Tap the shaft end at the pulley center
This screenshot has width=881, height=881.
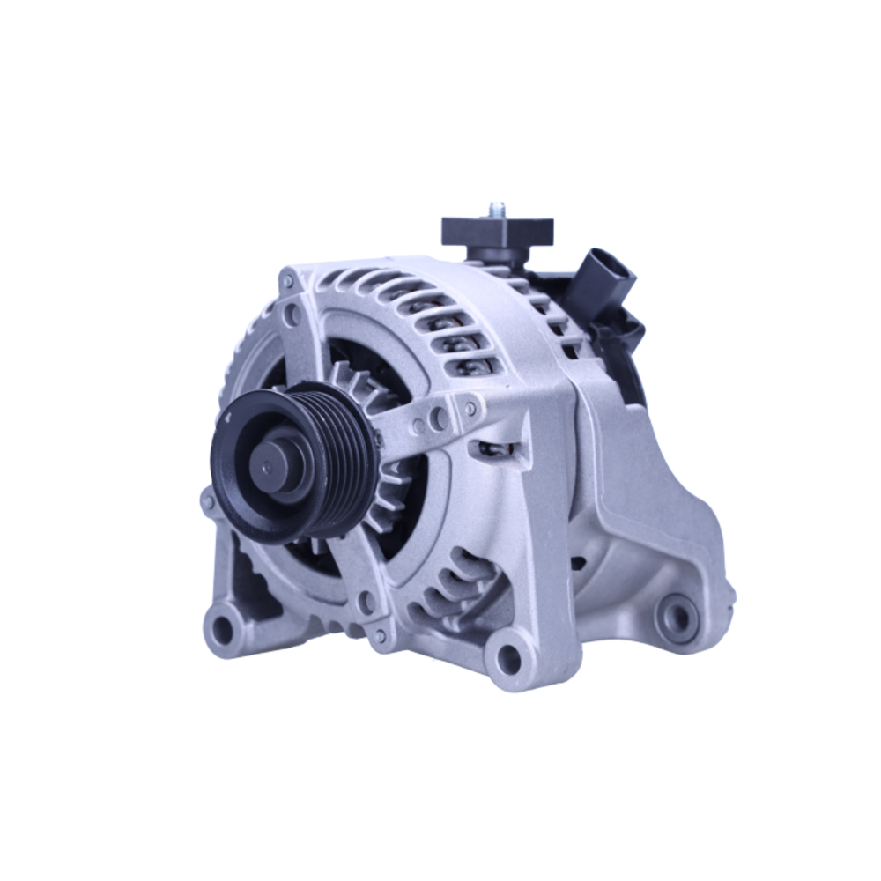point(267,466)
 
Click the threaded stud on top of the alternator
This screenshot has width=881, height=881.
point(496,211)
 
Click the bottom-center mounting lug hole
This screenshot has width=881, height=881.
point(508,656)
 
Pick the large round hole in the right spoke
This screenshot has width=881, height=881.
point(438,418)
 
